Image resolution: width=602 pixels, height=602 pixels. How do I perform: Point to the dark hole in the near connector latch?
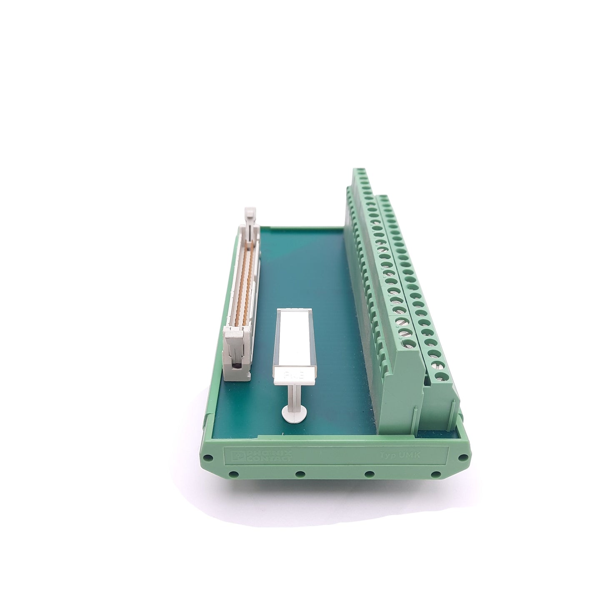click(237, 366)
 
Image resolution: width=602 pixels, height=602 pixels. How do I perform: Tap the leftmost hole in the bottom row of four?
click(234, 474)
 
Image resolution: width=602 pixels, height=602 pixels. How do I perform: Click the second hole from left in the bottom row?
click(299, 474)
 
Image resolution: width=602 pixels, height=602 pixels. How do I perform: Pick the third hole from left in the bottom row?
click(368, 474)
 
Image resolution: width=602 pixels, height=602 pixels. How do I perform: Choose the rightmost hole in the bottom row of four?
click(436, 474)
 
